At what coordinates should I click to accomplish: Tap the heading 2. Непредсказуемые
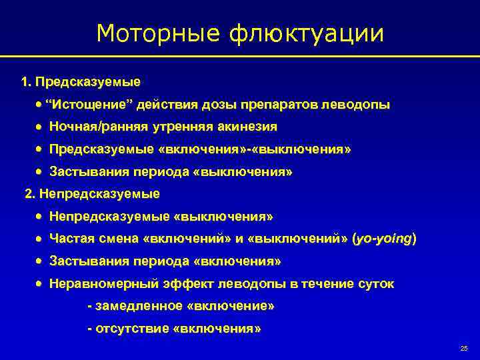coord(92,194)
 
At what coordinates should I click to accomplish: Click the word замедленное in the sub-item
coord(139,306)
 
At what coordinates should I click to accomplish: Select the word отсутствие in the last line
coord(133,329)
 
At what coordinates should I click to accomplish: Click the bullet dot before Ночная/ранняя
coord(39,127)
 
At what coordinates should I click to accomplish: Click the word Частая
coord(71,239)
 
